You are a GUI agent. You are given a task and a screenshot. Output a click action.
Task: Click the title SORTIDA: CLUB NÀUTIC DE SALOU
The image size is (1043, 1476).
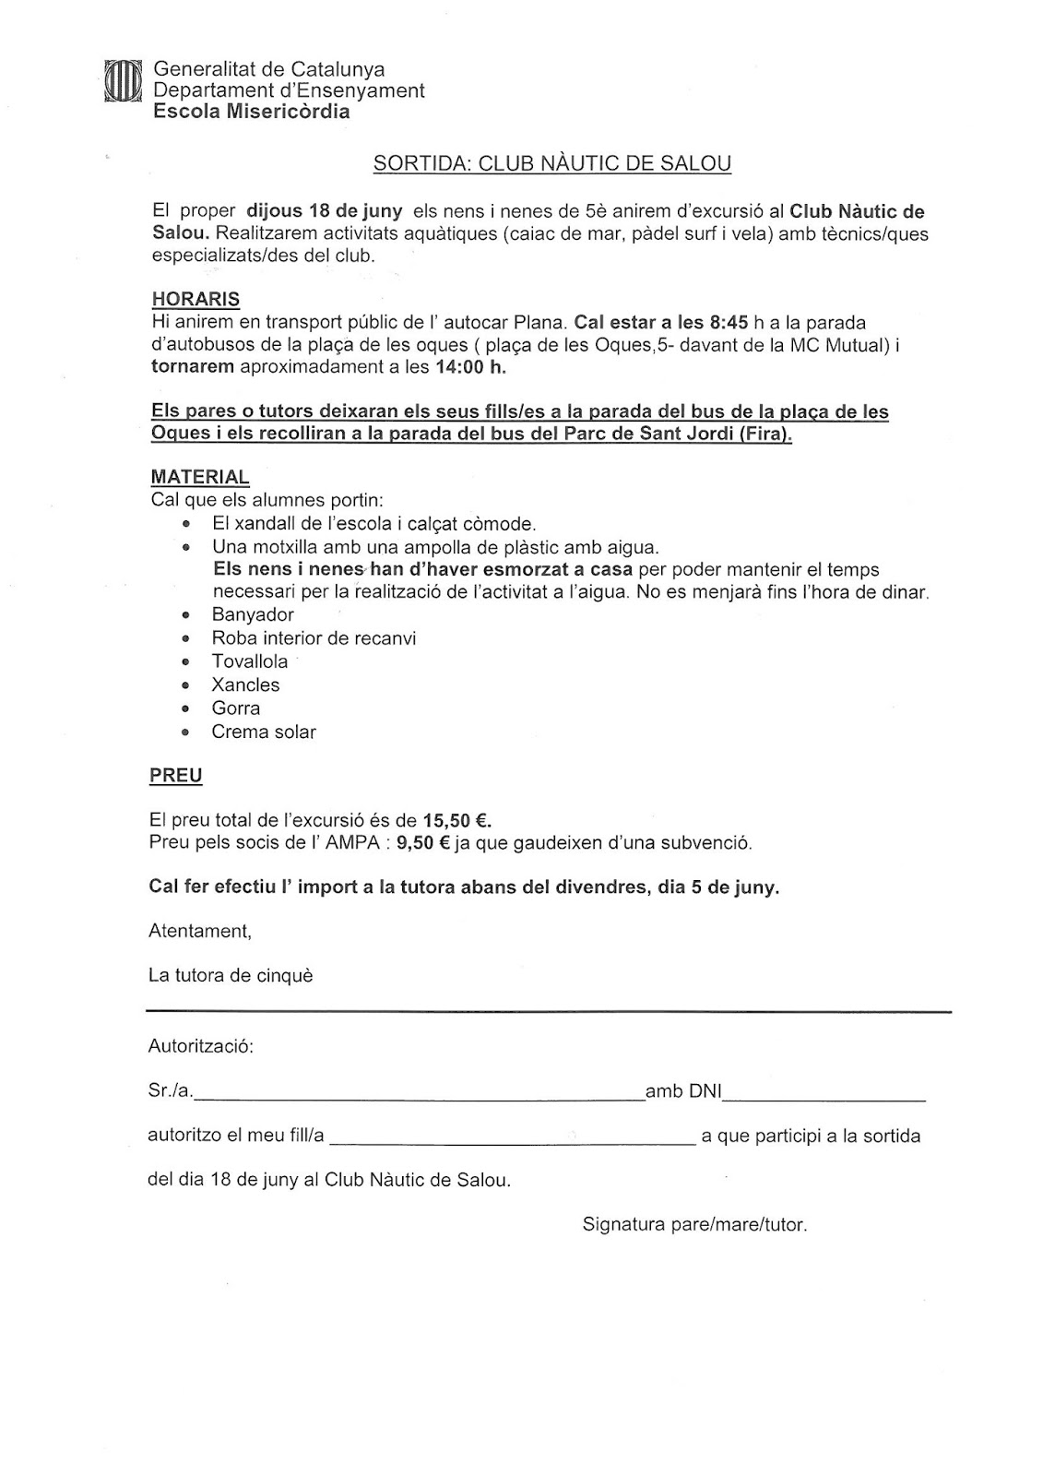coord(551,164)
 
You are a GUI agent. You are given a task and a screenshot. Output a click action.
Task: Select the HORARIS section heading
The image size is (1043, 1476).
coord(196,300)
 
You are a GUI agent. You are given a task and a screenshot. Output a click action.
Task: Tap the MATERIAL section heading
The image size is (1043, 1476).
coord(200,477)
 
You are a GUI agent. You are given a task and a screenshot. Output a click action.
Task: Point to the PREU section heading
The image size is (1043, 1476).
coord(176,775)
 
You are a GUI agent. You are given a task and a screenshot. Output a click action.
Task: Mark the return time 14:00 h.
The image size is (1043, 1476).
coord(470,367)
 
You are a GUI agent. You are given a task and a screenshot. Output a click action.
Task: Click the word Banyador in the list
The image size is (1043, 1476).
coord(253,614)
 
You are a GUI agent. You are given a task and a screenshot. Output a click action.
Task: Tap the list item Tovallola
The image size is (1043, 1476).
coord(250,661)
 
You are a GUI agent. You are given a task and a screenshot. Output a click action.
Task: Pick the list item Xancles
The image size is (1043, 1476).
coord(245,684)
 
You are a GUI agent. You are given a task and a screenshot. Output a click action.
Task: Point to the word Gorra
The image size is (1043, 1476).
coord(236,708)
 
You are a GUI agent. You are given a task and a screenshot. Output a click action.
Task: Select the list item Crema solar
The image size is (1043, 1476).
coord(264,732)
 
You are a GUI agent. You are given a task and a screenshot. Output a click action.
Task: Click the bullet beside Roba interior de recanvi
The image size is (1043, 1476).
coord(186,638)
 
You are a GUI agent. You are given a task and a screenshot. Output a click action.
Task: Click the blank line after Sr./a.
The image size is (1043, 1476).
coord(420,1098)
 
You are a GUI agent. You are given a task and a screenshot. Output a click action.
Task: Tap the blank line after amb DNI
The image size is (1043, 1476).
coord(824,1098)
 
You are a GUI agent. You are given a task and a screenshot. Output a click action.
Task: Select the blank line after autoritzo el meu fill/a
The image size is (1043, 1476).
coord(512,1142)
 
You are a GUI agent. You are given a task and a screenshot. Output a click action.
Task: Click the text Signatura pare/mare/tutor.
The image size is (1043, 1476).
coord(694,1225)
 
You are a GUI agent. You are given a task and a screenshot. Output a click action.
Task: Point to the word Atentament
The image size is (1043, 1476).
coord(199,931)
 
